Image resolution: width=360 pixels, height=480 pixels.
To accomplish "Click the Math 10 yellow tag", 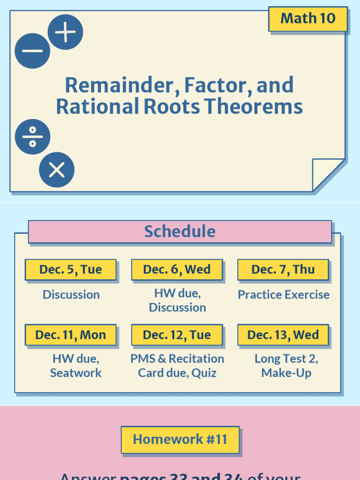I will (307, 19).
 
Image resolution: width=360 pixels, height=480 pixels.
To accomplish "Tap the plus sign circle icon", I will (65, 32).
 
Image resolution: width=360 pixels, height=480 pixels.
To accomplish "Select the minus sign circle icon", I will (32, 51).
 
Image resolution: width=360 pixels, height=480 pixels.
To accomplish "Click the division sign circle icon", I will (32, 137).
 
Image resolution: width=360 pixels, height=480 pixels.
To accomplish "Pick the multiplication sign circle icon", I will (57, 170).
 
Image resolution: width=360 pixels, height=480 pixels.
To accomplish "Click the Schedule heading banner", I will (180, 232).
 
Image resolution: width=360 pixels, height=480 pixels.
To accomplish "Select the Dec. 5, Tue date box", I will (71, 270).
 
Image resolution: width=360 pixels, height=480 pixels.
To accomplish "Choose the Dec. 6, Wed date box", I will (177, 270).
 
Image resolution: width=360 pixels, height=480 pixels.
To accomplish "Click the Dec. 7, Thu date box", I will (283, 270).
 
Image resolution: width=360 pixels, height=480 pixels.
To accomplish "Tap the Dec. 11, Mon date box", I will (71, 335).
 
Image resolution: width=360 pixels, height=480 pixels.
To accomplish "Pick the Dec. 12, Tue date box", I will (177, 335).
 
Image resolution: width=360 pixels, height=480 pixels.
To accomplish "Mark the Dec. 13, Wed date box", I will (283, 335).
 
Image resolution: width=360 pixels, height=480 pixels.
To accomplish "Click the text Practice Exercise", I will (283, 295).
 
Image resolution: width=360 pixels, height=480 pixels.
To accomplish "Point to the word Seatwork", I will (75, 373).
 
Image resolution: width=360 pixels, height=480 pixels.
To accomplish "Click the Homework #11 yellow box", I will (180, 439).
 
